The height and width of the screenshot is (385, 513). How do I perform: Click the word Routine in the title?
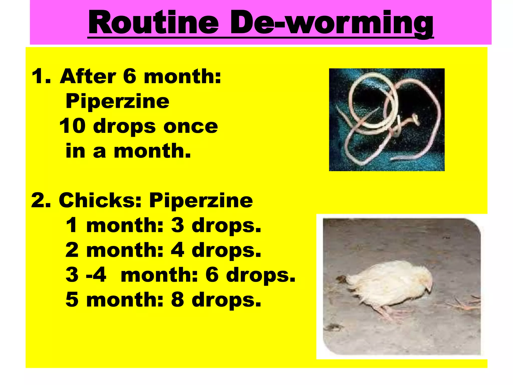point(153,23)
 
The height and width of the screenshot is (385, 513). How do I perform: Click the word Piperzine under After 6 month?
point(117,102)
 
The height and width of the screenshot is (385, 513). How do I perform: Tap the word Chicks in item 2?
point(100,201)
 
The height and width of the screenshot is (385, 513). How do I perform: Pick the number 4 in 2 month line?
point(178,250)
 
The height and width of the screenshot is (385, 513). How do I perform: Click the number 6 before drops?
point(212,275)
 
